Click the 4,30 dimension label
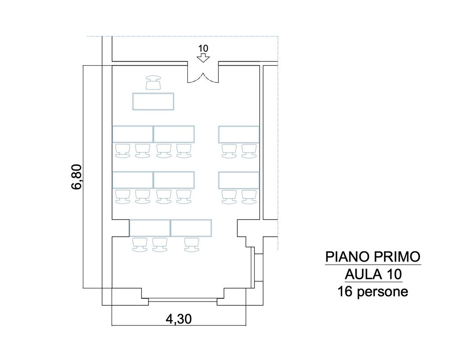pyautogui.click(x=179, y=319)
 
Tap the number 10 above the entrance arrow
pyautogui.click(x=203, y=49)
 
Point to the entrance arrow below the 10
pyautogui.click(x=203, y=58)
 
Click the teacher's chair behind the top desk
pyautogui.click(x=153, y=82)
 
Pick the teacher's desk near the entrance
pyautogui.click(x=153, y=101)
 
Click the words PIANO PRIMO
pyautogui.click(x=373, y=257)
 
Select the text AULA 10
pyautogui.click(x=373, y=274)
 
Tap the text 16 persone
pyautogui.click(x=373, y=292)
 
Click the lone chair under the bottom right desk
pyautogui.click(x=192, y=245)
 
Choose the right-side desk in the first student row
pyautogui.click(x=239, y=134)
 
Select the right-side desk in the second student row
pyautogui.click(x=239, y=180)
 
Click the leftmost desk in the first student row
pyautogui.click(x=133, y=134)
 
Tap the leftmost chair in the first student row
pyautogui.click(x=122, y=151)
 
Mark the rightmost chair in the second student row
pyautogui.click(x=249, y=197)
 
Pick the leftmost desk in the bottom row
pyautogui.click(x=150, y=228)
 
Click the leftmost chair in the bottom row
pyautogui.click(x=140, y=245)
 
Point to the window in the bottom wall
pyautogui.click(x=183, y=300)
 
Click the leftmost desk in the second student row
pyautogui.click(x=133, y=180)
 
